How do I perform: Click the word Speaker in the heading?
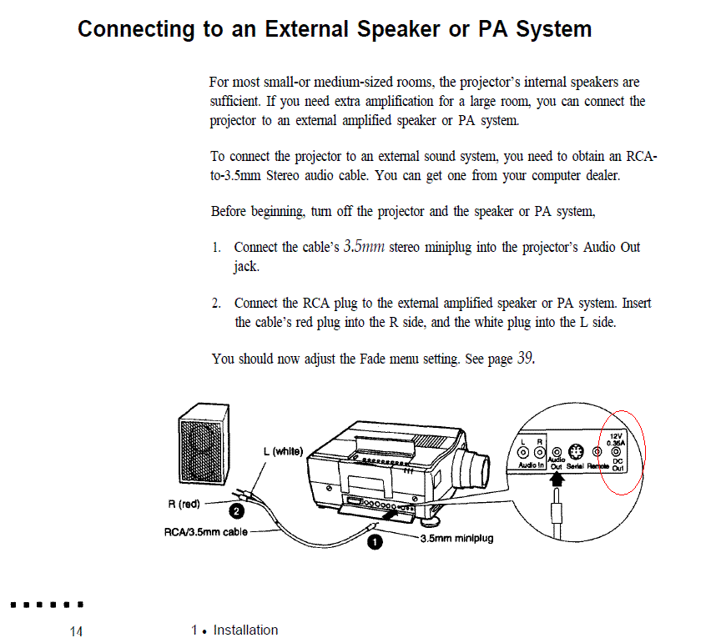click(x=398, y=29)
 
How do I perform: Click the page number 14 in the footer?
click(x=77, y=631)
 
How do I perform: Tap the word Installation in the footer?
click(x=245, y=630)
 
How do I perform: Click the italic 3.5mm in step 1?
click(x=363, y=247)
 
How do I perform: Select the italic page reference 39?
click(x=525, y=359)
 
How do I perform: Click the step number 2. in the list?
click(x=217, y=303)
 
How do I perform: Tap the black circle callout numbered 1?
click(x=376, y=543)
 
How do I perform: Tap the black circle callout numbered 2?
click(x=236, y=510)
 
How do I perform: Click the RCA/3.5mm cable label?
click(x=205, y=531)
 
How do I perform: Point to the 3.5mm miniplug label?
click(x=456, y=539)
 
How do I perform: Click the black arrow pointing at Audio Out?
click(x=555, y=483)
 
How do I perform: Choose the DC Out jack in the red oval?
click(x=617, y=454)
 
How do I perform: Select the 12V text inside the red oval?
click(x=616, y=435)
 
